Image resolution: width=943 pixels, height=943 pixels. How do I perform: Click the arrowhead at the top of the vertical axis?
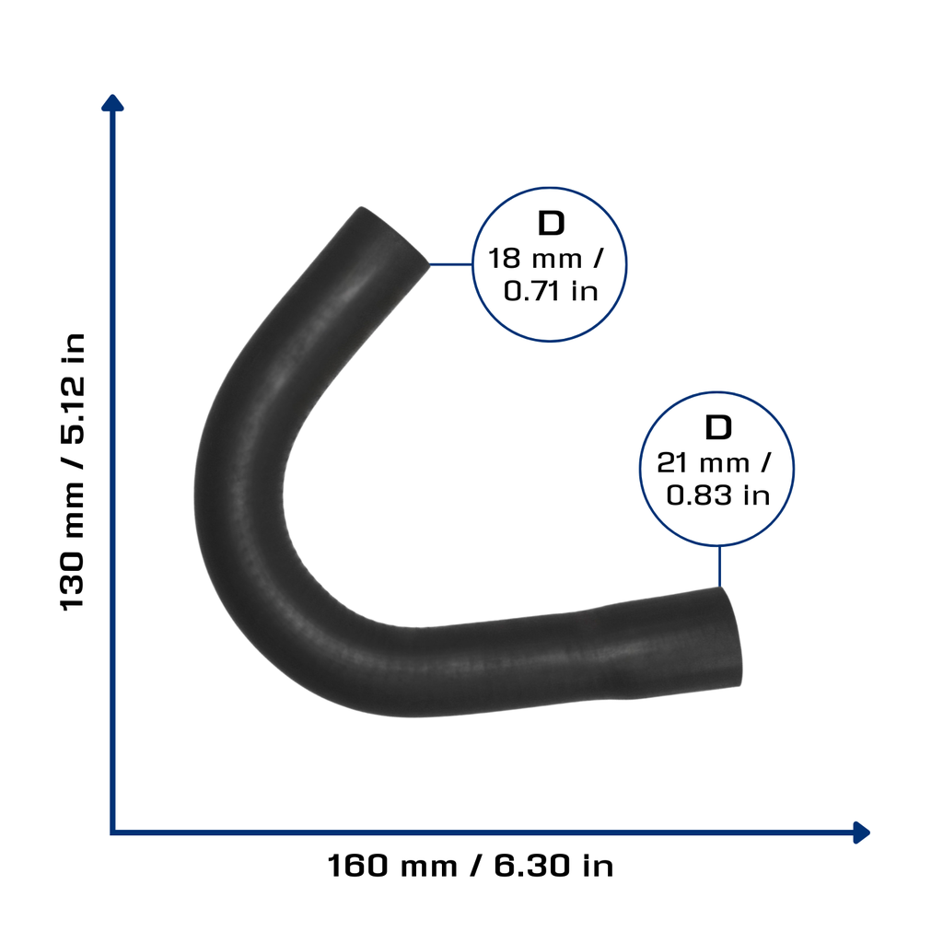[x=112, y=102]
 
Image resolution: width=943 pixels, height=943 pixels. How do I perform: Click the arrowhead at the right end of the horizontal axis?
[x=862, y=832]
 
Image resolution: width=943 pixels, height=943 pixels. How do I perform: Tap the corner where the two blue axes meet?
[x=112, y=832]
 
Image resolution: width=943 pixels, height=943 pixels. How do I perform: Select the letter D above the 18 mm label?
[x=551, y=223]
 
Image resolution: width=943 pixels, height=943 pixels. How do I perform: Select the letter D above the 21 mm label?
[x=717, y=427]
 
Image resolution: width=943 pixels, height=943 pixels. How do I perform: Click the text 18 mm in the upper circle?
[x=535, y=259]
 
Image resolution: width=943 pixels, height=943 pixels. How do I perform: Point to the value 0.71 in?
[x=551, y=292]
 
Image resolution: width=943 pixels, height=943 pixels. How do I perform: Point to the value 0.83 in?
[x=718, y=496]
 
